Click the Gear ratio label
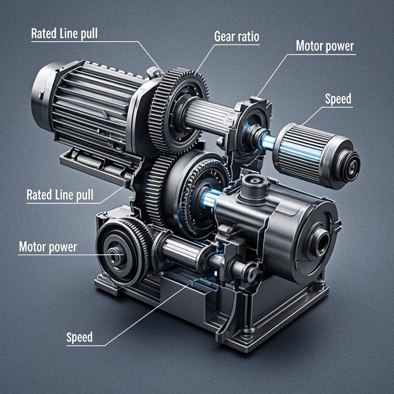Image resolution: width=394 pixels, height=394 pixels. (237, 37)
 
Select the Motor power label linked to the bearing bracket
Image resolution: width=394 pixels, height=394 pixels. (325, 46)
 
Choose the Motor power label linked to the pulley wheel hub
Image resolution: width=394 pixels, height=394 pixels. (48, 247)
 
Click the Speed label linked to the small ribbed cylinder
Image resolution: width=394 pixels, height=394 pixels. (338, 99)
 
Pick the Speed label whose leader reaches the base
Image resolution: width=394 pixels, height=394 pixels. (79, 337)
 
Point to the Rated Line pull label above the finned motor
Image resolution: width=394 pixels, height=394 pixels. (64, 33)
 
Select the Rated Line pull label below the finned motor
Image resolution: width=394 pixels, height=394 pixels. (60, 195)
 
